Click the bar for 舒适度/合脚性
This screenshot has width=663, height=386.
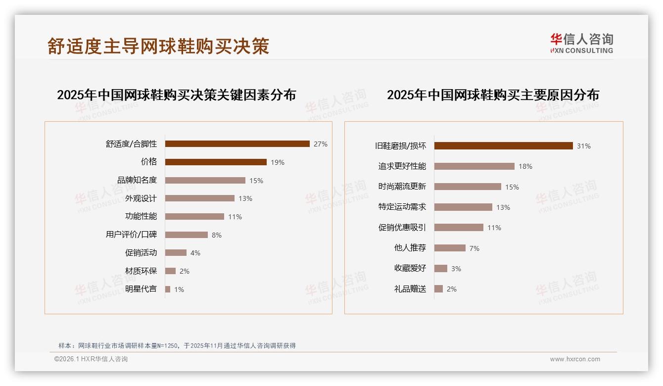tap(237, 144)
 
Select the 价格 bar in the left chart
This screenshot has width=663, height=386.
tap(216, 162)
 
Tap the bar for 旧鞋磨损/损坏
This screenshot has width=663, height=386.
tap(503, 145)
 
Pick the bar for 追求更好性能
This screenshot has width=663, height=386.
tap(474, 166)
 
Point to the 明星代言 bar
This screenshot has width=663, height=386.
tap(168, 289)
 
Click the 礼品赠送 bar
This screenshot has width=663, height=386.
tap(438, 289)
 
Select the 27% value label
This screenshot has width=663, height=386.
tap(320, 144)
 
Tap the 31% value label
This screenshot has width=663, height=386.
tap(583, 146)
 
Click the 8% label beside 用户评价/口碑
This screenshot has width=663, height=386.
tap(217, 235)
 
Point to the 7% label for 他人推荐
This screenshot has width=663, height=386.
tap(474, 248)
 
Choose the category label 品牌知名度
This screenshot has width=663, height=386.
tap(137, 180)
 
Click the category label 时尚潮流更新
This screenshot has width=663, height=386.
tap(402, 187)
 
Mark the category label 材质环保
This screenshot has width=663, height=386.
tap(141, 271)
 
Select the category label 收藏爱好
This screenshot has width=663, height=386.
tap(410, 268)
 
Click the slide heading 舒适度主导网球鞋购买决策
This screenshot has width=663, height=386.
tap(158, 46)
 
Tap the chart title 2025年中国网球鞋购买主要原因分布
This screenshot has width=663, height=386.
tap(493, 95)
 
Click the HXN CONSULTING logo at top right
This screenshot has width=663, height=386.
tap(581, 44)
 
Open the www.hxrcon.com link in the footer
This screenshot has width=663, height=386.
tap(575, 359)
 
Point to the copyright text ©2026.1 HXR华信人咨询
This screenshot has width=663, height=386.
tap(91, 359)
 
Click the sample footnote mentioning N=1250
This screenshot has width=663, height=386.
tap(177, 345)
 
